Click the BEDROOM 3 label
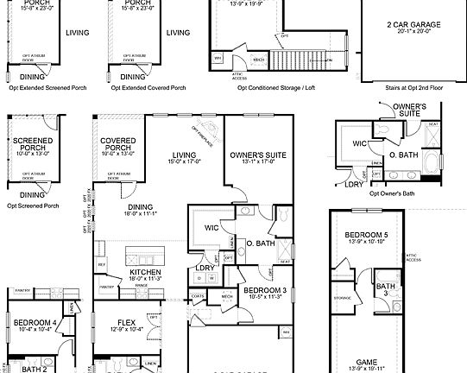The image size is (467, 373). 258,291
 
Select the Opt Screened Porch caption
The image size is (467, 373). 33,206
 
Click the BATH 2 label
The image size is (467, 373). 34,369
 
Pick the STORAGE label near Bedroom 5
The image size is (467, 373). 343,300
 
